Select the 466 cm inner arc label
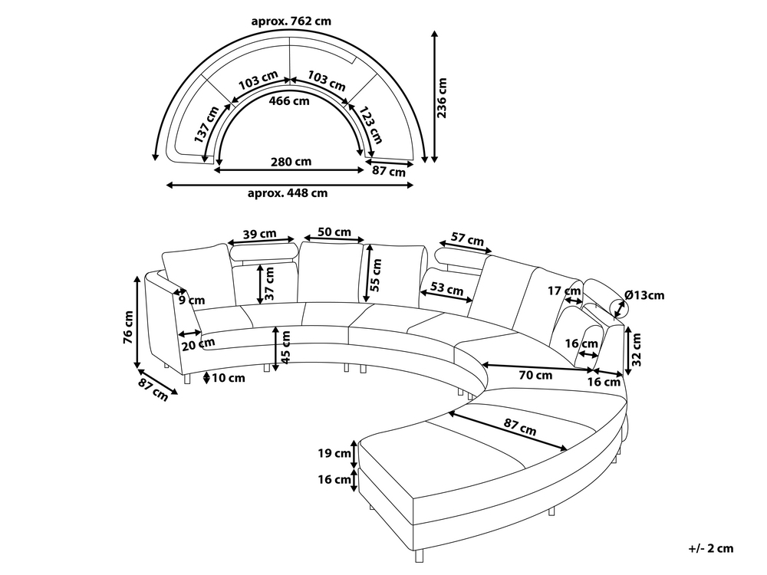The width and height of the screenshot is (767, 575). (x=290, y=100)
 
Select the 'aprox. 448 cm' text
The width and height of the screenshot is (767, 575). (x=287, y=193)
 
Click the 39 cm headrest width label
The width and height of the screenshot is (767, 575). (x=259, y=234)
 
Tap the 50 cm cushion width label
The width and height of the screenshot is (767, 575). (x=334, y=232)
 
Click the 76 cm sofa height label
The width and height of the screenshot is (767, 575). (x=129, y=327)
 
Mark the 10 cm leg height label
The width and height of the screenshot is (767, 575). (x=229, y=378)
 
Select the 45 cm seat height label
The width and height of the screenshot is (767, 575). (x=285, y=347)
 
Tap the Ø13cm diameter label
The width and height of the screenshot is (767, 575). (x=644, y=294)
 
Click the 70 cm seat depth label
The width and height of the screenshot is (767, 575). (x=535, y=376)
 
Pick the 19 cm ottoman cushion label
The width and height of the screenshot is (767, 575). (x=334, y=453)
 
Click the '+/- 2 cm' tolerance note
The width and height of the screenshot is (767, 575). (x=710, y=547)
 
